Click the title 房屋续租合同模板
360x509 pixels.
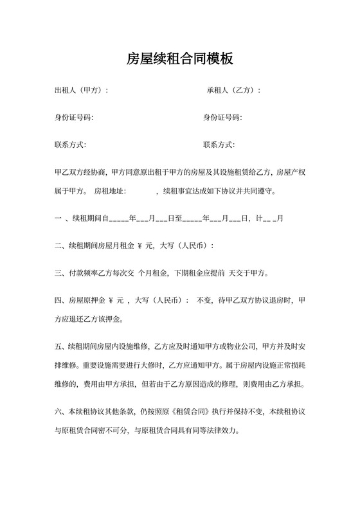tap(179, 60)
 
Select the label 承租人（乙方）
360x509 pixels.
tap(233, 91)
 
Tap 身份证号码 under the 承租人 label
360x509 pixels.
tap(222, 118)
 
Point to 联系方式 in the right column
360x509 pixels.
tap(219, 145)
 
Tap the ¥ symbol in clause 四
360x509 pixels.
tap(112, 300)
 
